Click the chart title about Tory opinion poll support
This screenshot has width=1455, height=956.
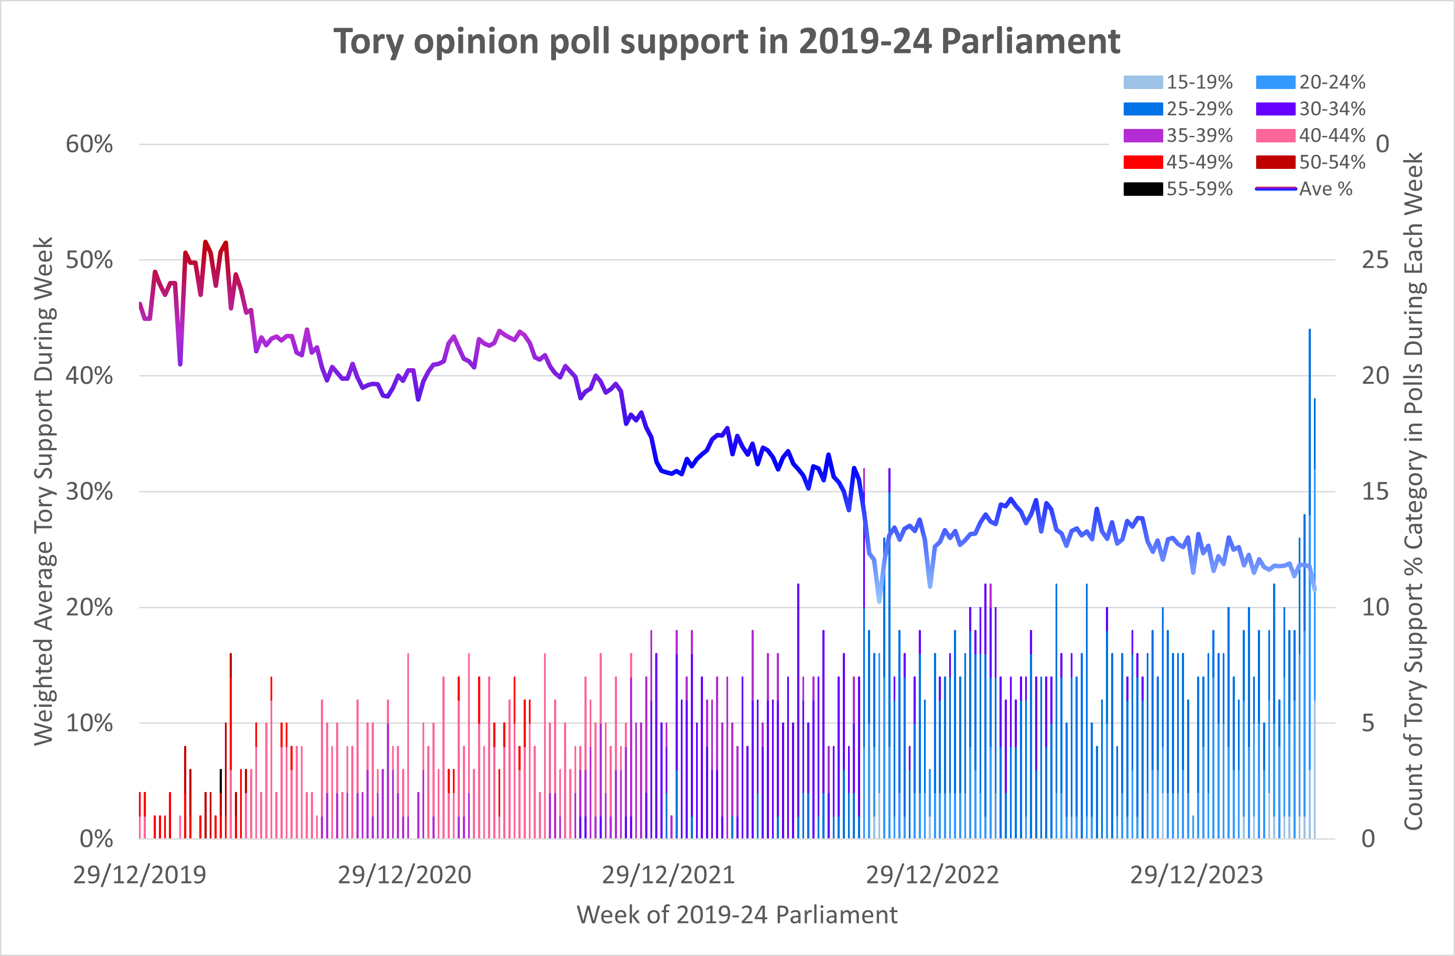pyautogui.click(x=726, y=42)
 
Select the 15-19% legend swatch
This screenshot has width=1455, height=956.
pyautogui.click(x=1143, y=82)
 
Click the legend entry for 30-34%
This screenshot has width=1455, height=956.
pyautogui.click(x=1310, y=109)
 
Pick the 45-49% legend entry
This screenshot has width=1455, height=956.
pyautogui.click(x=1178, y=162)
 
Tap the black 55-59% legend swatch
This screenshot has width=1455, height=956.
pyautogui.click(x=1143, y=189)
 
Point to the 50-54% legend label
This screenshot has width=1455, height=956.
pyautogui.click(x=1332, y=162)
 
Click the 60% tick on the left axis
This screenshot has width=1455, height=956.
pyautogui.click(x=89, y=144)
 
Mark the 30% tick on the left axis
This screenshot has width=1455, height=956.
pyautogui.click(x=89, y=491)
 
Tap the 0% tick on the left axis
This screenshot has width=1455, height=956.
pyautogui.click(x=96, y=839)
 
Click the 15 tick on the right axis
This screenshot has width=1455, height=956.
pyautogui.click(x=1375, y=491)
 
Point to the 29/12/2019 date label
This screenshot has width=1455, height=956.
pyautogui.click(x=139, y=875)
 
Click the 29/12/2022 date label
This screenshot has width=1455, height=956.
pyautogui.click(x=932, y=875)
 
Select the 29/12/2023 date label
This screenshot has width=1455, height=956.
pyautogui.click(x=1196, y=875)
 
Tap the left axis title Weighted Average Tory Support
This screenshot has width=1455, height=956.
pyautogui.click(x=44, y=491)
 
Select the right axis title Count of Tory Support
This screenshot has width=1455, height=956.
pyautogui.click(x=1413, y=491)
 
